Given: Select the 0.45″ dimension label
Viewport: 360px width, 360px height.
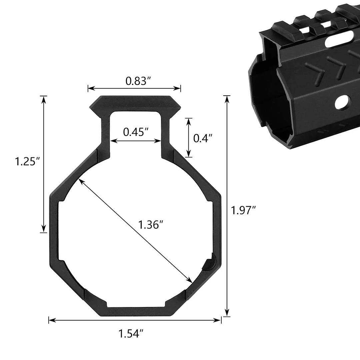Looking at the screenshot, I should coord(136,132).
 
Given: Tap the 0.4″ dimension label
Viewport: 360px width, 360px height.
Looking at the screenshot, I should coord(203,138).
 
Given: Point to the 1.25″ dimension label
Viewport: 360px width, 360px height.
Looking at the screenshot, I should coord(28,162).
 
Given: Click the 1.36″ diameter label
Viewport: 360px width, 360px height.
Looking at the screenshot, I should coord(151,224).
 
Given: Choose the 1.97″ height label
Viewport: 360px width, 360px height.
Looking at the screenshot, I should coord(243,210).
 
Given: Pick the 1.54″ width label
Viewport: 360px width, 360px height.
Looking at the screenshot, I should coord(131,333).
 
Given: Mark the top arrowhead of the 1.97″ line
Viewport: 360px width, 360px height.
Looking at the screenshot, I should coord(227,98).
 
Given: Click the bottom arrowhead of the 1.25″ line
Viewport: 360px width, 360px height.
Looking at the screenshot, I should coord(43,230).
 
